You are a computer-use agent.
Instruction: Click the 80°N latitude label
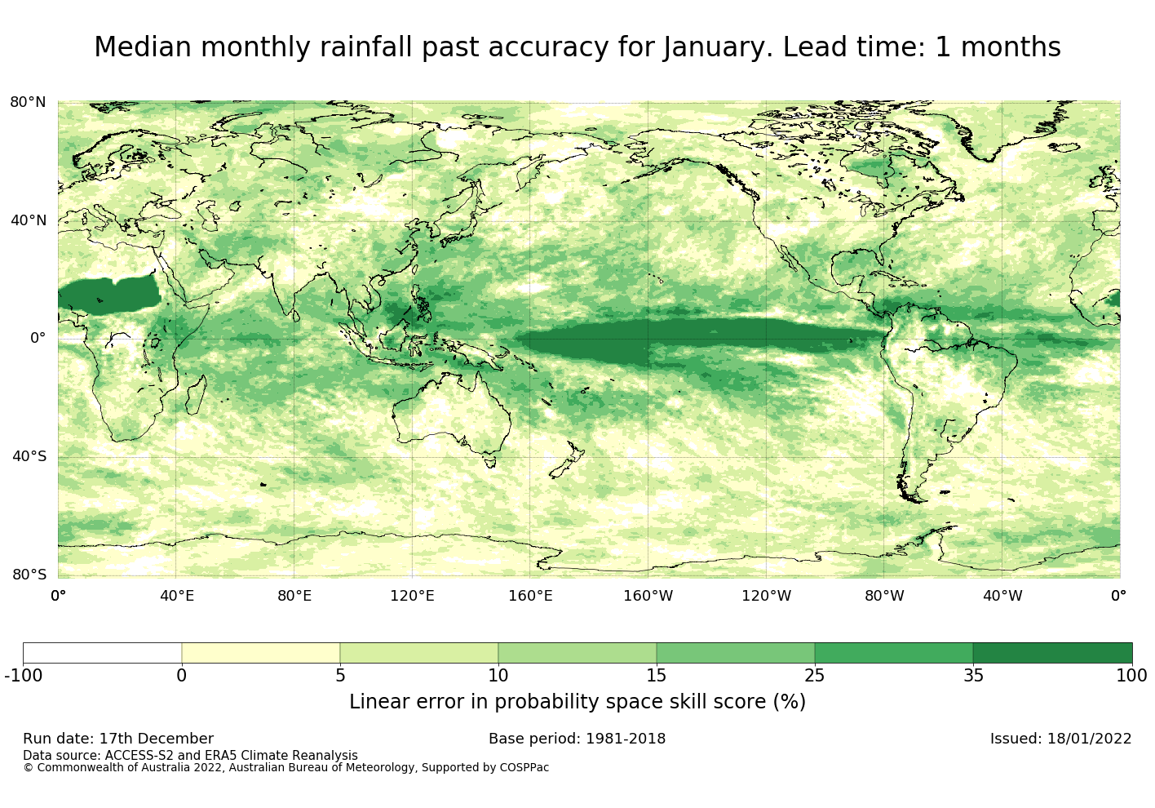coord(28,102)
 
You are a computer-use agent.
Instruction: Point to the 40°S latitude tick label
coord(29,456)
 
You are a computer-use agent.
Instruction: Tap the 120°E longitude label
coord(412,596)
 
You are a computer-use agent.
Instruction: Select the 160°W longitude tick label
coord(648,596)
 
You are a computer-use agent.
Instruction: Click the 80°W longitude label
coord(884,596)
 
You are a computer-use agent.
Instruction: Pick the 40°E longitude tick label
coord(176,596)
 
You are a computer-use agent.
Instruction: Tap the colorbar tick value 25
coord(814,676)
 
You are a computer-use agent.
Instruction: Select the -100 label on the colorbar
coord(23,676)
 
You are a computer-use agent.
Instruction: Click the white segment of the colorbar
coord(102,653)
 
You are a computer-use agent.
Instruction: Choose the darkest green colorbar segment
coord(1052,653)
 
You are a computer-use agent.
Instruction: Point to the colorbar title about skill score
coord(577,702)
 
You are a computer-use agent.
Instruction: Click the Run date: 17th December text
coord(118,739)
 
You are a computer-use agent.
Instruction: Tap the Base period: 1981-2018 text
coord(577,739)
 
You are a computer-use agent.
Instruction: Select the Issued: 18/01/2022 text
coord(1060,739)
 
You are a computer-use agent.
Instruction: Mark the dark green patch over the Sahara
coord(110,295)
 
